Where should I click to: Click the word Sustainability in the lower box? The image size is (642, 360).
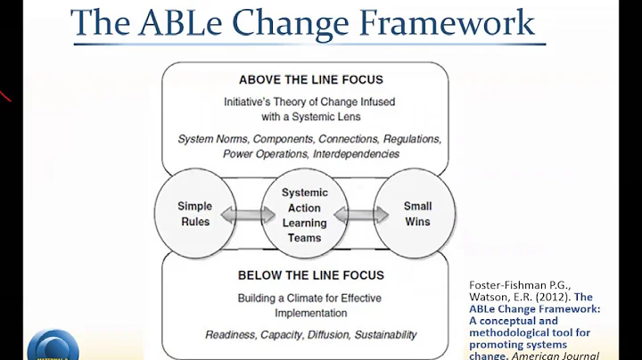pos(383,334)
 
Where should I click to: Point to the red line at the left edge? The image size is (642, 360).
pos(5,94)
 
